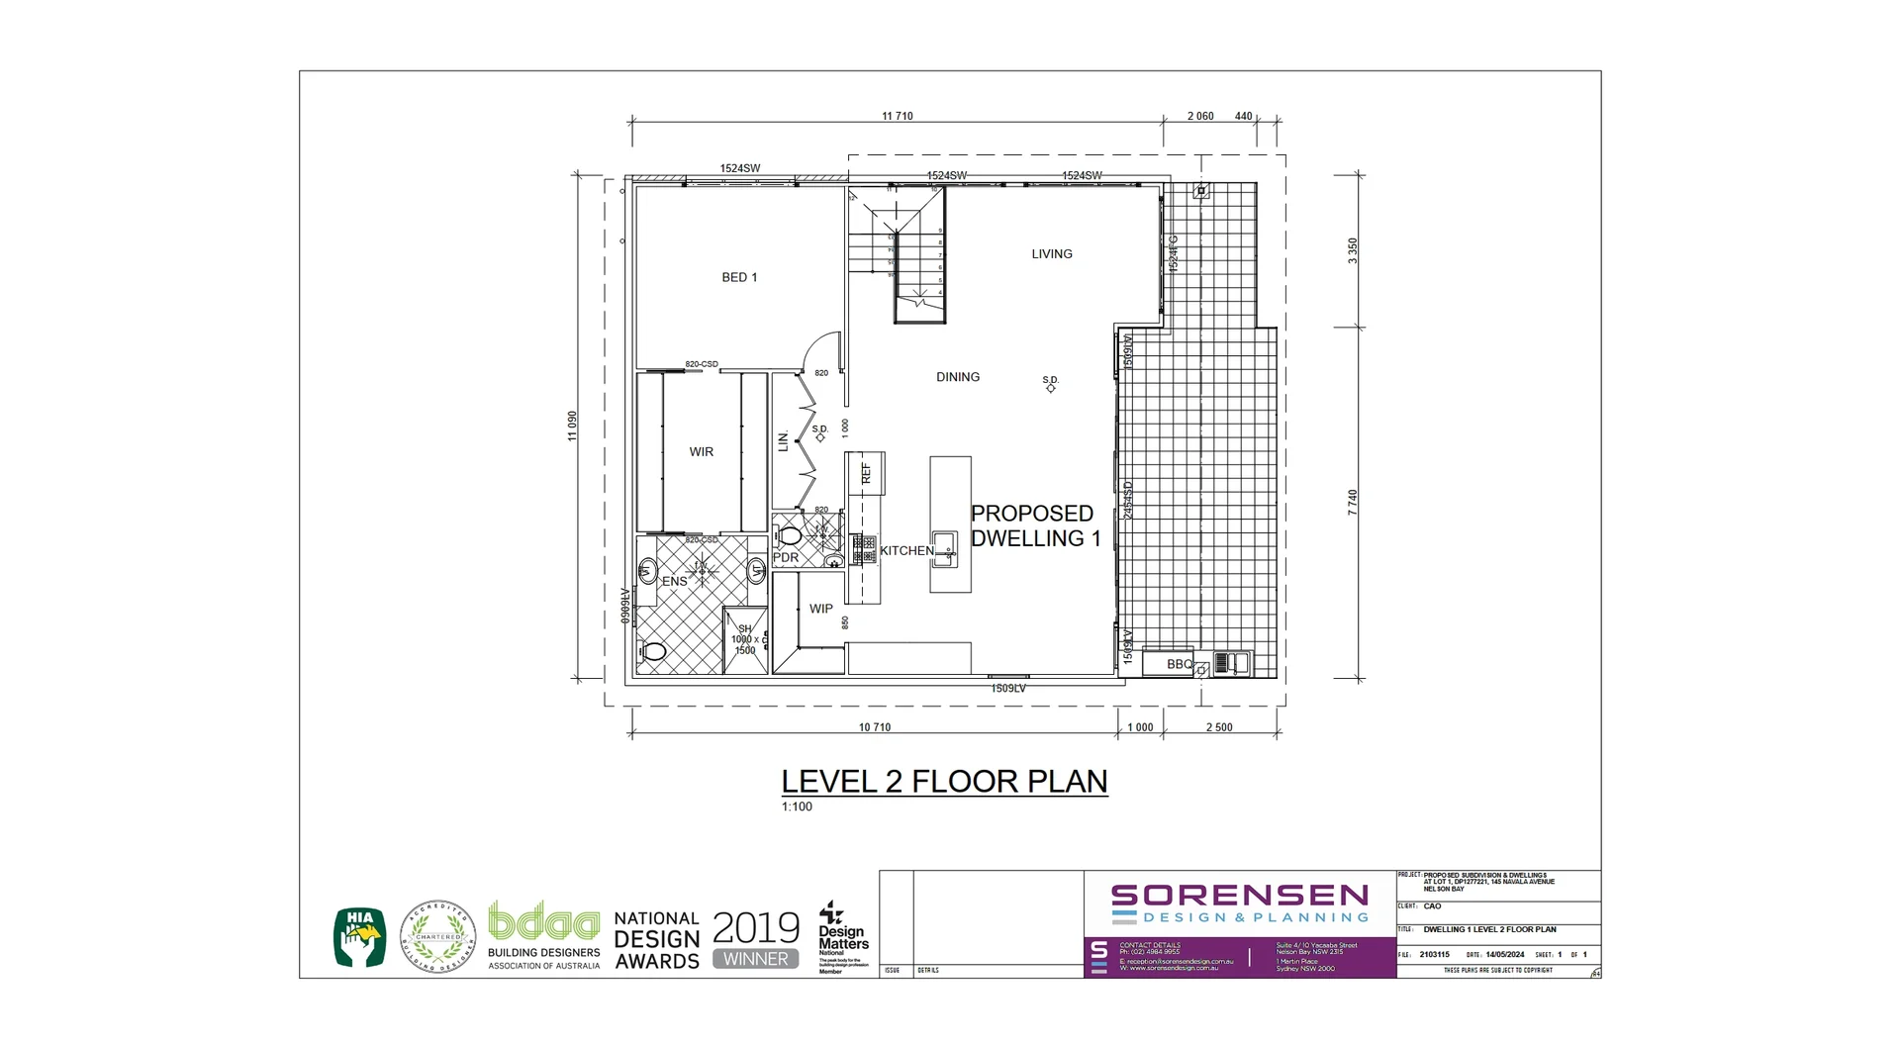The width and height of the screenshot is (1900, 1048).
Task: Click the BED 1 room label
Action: tap(739, 277)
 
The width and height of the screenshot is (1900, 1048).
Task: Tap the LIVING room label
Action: tap(1051, 254)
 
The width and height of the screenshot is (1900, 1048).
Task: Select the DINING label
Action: tap(957, 377)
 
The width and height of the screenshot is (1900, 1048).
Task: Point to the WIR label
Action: tap(701, 452)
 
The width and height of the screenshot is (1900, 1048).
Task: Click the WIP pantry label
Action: tap(820, 609)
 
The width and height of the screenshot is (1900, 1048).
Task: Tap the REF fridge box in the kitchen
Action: tap(866, 473)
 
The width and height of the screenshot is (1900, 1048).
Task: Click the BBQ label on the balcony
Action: tap(1179, 664)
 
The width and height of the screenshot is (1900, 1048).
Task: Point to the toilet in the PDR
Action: tap(790, 536)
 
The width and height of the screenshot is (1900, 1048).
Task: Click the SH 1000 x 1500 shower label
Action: tap(744, 639)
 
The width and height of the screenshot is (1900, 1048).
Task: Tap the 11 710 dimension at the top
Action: tap(898, 117)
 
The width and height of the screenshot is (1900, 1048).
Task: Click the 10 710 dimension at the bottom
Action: tap(874, 727)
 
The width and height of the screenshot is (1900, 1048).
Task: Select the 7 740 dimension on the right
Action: tap(1352, 502)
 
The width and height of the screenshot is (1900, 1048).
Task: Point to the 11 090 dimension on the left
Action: tap(572, 426)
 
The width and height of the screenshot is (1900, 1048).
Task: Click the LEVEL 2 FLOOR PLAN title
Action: tap(944, 781)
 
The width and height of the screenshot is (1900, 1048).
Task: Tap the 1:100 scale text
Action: tap(797, 807)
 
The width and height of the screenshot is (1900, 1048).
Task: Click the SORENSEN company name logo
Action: tap(1239, 896)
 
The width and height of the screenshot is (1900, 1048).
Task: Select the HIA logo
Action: tap(360, 936)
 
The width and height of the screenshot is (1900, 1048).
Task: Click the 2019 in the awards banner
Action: tap(755, 927)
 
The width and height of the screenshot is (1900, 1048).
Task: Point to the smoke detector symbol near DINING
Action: tap(1050, 388)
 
